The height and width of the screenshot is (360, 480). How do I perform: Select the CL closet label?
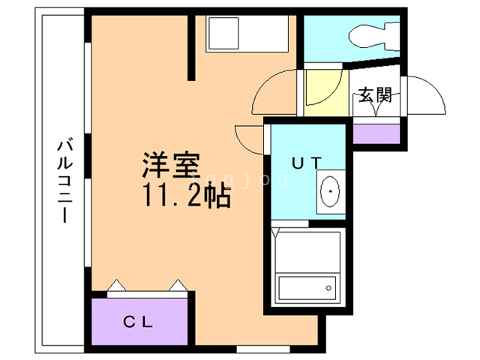pos(139,323)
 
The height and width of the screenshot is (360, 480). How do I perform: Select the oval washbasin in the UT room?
pos(330,194)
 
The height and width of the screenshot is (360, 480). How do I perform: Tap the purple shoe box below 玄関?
pos(375,133)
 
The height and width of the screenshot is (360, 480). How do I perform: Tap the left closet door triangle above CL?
pos(117,286)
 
